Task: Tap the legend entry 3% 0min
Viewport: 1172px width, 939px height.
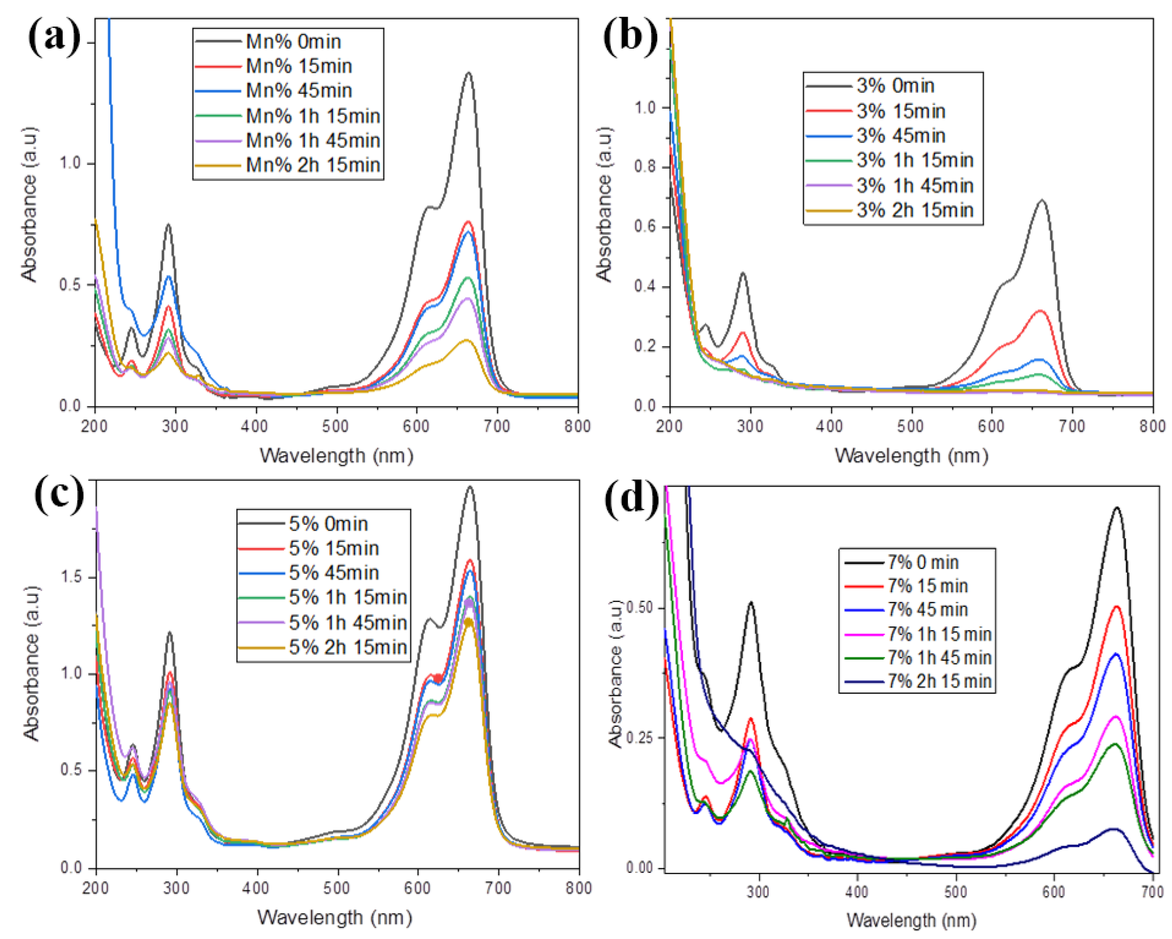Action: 895,86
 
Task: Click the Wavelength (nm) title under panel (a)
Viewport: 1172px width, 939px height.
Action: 336,456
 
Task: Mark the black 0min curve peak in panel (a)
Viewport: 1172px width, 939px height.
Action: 468,73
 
